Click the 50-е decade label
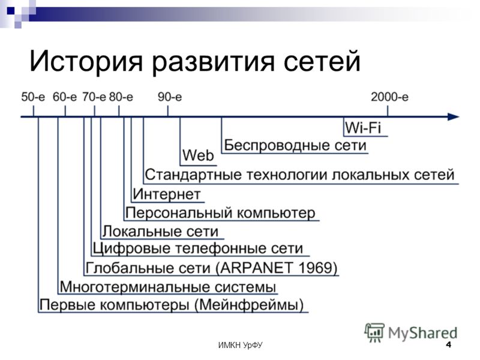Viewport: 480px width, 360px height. [33, 97]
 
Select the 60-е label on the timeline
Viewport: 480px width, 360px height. [65, 97]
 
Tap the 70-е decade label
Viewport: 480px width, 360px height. [94, 97]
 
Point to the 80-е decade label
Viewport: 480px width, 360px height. [121, 97]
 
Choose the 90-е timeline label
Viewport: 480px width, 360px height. [170, 97]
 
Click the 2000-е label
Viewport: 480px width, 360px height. [389, 97]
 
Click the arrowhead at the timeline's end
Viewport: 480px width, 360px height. [454, 116]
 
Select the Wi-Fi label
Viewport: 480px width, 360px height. [363, 127]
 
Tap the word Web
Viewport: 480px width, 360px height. [198, 155]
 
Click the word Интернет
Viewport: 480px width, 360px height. [167, 194]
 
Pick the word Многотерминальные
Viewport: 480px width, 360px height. [134, 287]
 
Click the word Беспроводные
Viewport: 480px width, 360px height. [277, 145]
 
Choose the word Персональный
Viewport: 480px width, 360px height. [179, 213]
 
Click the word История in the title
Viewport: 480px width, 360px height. [86, 61]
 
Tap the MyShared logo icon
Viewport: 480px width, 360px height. [374, 332]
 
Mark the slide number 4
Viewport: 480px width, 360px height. [448, 344]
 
